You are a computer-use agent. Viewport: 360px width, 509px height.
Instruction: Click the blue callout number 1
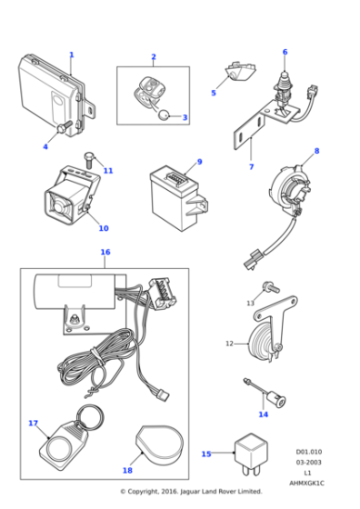[71, 55]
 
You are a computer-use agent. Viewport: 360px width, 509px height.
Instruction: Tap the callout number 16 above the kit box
[105, 252]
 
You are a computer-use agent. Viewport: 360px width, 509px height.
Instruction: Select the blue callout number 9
[199, 162]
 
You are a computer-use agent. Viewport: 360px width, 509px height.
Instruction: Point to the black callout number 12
[229, 344]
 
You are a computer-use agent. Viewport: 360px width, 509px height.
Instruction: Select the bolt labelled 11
[89, 161]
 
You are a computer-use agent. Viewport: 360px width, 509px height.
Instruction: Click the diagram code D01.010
[308, 451]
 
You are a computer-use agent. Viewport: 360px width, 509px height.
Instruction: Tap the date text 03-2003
[308, 462]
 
